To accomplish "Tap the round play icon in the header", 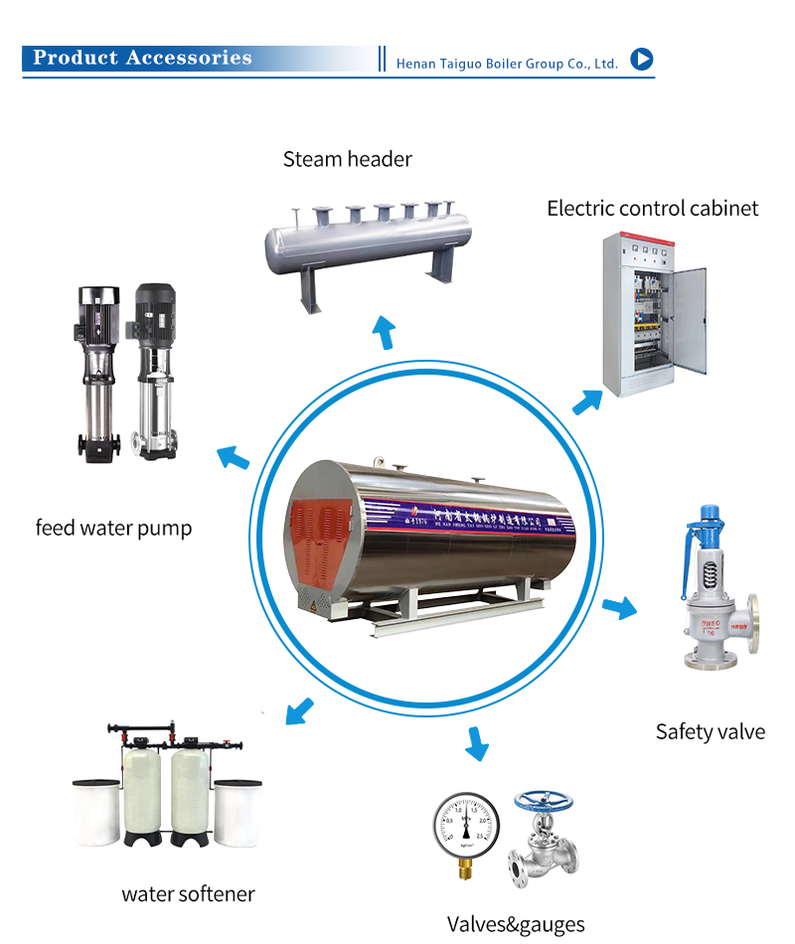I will pos(642,60).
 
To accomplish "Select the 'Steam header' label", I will pos(347,159).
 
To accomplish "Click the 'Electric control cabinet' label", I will pos(652,208).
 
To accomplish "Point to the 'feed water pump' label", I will pos(113,528).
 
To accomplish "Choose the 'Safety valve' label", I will pos(710,732).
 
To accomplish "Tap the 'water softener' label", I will pos(188,893).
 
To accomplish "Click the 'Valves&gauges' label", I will pos(516,924).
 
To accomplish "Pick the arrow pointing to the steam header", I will pos(383,332).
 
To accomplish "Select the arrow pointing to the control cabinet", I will pos(587,401).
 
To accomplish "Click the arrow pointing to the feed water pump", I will pos(233,458).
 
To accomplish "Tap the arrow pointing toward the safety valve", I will pos(619,607).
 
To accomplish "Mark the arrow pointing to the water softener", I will pos(299,710).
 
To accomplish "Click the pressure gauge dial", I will pos(465,824).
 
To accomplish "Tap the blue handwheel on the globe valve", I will pos(543,800).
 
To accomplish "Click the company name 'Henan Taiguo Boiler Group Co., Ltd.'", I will pos(507,64).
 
